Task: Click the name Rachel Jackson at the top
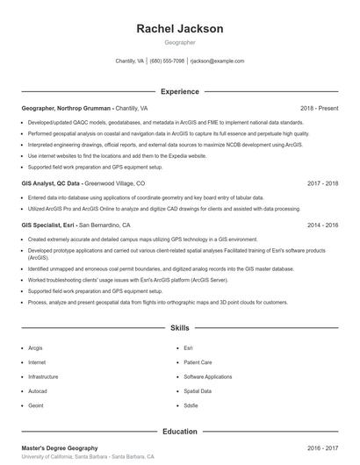180,29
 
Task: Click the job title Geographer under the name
180,42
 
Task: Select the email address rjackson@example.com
217,61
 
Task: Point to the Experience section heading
180,91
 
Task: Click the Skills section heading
180,328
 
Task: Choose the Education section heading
180,432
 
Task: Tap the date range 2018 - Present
319,108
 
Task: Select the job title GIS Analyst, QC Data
51,183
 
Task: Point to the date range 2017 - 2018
322,183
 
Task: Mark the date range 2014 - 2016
322,225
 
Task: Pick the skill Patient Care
198,361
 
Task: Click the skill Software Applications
207,376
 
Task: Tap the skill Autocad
38,391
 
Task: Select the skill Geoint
36,406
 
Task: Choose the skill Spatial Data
198,391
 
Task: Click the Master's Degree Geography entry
60,448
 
